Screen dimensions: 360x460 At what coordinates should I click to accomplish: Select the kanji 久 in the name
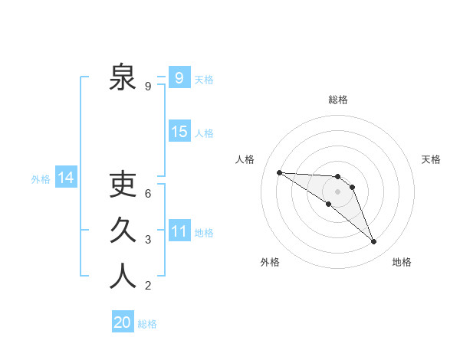click(123, 230)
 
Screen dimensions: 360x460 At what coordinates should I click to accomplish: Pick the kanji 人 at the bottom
click(123, 276)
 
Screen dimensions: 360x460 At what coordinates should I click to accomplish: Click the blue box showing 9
click(179, 77)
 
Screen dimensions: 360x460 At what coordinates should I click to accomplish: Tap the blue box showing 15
click(179, 131)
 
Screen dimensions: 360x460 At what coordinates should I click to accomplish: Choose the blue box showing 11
click(179, 231)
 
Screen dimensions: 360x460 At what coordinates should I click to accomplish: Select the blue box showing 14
click(66, 178)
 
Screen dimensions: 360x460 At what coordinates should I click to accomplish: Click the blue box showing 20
click(123, 322)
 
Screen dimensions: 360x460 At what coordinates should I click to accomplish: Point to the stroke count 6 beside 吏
click(148, 194)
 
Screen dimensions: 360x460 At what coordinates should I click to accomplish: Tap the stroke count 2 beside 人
click(148, 286)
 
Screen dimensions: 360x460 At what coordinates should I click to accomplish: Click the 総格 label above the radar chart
click(337, 100)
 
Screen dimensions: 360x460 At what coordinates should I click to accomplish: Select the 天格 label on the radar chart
click(431, 159)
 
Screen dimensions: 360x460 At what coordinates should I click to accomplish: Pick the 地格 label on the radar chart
click(402, 262)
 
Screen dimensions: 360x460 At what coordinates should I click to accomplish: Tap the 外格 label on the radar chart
click(270, 262)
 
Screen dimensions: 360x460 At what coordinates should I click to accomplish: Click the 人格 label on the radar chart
click(245, 159)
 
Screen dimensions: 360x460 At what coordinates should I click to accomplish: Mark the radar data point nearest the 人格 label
click(279, 172)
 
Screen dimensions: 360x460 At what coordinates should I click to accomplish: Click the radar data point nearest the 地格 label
click(374, 242)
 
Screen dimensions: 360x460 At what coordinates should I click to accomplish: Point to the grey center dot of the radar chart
click(337, 191)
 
